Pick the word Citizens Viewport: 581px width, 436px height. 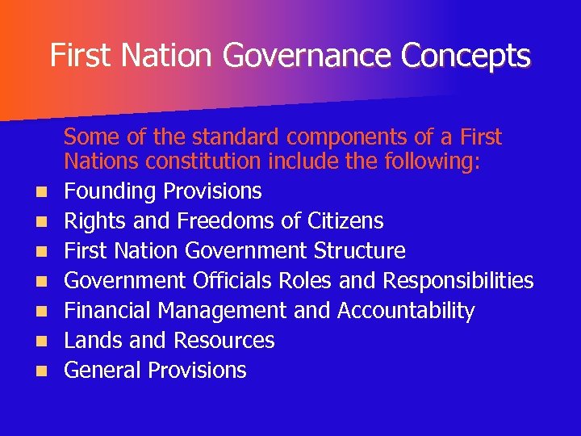(x=344, y=221)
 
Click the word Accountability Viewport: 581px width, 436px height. (x=406, y=311)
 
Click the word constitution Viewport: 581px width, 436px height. (x=203, y=162)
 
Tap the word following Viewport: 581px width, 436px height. (x=432, y=162)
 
